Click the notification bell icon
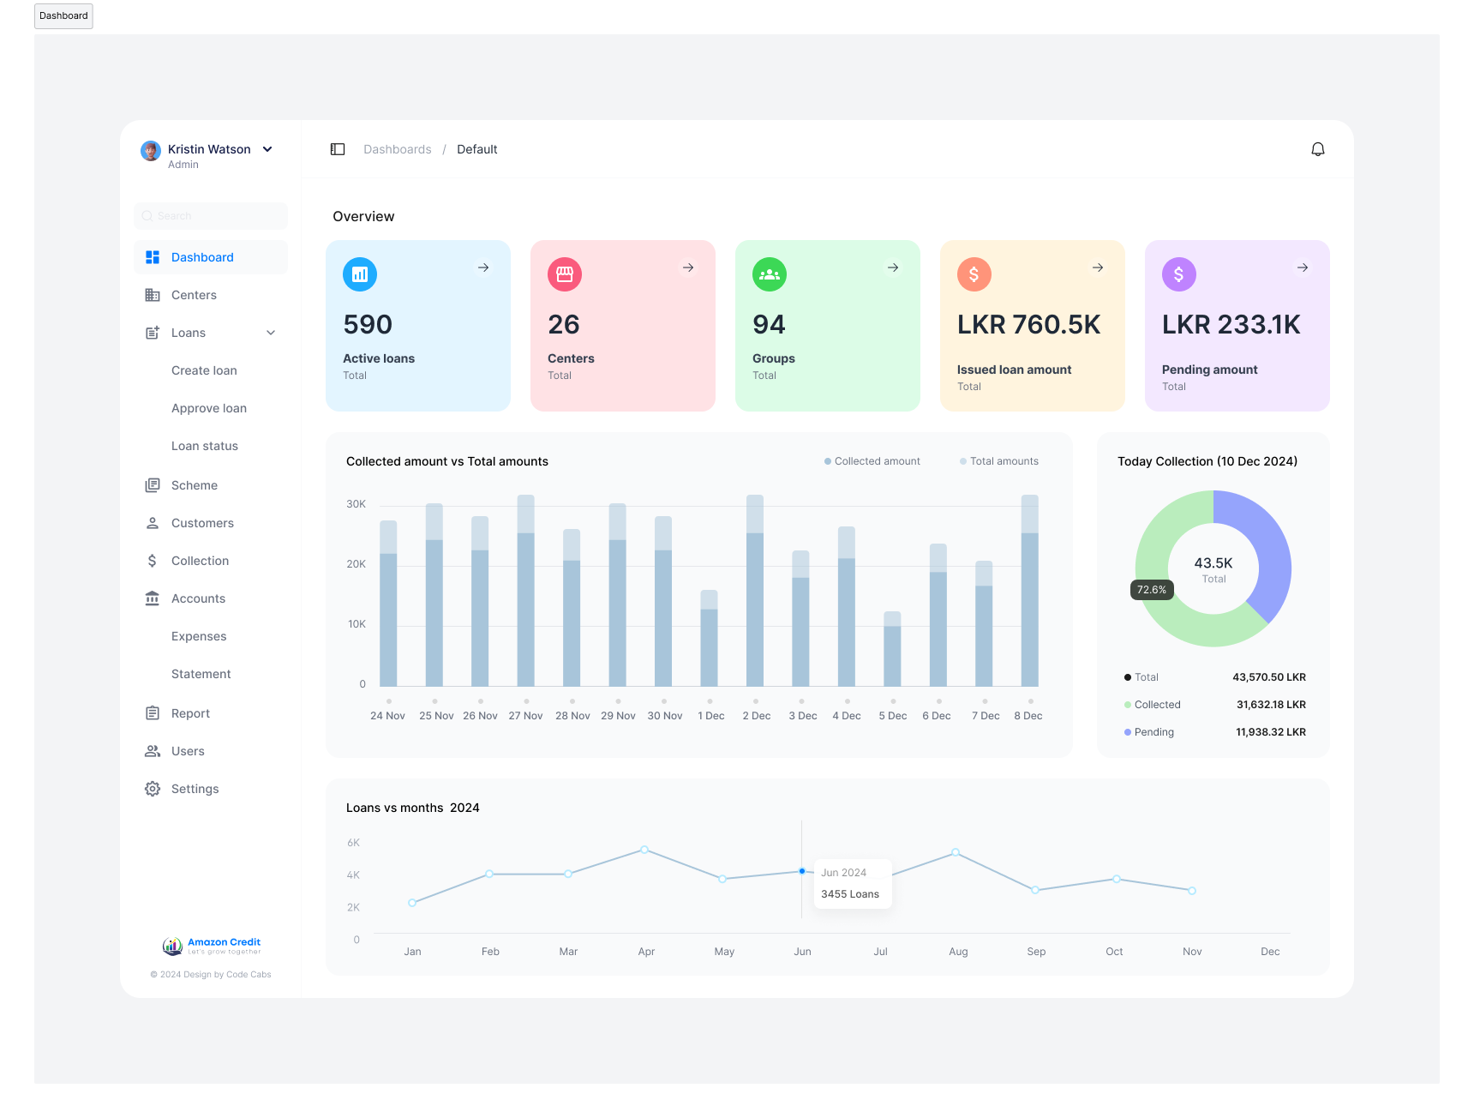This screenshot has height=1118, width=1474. coord(1318,149)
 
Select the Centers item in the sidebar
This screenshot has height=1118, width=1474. coord(194,295)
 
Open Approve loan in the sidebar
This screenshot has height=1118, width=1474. coord(209,408)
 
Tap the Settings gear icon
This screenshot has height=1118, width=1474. coord(153,789)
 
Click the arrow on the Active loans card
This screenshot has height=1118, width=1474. coord(483,267)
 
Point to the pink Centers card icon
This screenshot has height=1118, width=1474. coord(565,274)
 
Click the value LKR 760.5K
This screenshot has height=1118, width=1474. coord(1028,325)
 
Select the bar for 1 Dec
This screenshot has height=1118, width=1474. coord(709,639)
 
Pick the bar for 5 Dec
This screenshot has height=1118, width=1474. coord(892,649)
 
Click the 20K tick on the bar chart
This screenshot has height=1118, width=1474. coord(356,564)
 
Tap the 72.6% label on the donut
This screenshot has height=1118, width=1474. coord(1152,590)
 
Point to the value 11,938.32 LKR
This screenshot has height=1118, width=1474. coord(1270,732)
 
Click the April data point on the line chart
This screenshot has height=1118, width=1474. coord(644,850)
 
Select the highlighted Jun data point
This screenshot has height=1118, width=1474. coord(802,871)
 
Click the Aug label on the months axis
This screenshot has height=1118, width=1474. coord(958,952)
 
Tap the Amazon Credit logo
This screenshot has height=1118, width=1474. coord(212,946)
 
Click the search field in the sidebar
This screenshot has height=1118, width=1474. coord(211,216)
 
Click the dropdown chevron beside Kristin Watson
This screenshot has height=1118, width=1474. coord(267,149)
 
